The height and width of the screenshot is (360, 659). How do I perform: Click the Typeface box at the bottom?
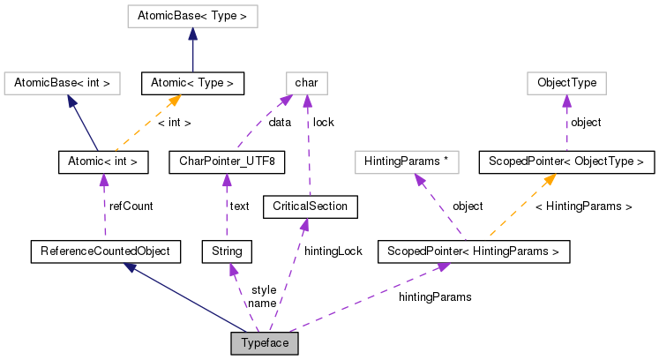click(x=265, y=343)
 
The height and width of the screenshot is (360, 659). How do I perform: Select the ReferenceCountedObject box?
click(x=105, y=251)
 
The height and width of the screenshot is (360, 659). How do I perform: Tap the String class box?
click(x=227, y=251)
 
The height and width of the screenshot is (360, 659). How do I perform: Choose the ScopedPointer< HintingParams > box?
click(x=473, y=251)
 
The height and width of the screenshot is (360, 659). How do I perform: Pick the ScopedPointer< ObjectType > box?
click(x=566, y=161)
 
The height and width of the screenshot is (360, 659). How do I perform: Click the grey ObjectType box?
click(x=566, y=84)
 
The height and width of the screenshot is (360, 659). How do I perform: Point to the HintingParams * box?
click(x=408, y=161)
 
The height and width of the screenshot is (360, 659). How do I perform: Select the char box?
click(x=305, y=84)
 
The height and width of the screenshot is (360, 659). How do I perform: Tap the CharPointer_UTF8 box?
click(x=227, y=161)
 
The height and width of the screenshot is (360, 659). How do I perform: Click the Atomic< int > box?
click(x=102, y=161)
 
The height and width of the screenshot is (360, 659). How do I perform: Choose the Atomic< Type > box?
click(x=192, y=84)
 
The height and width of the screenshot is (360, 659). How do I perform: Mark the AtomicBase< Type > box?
click(x=192, y=15)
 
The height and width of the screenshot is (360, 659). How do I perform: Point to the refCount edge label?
click(x=131, y=206)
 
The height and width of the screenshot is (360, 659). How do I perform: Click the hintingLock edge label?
click(x=333, y=251)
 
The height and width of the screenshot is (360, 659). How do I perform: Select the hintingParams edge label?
click(x=435, y=297)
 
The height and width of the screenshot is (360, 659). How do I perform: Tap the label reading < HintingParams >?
click(x=584, y=206)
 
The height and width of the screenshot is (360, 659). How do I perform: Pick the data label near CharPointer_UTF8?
click(x=280, y=123)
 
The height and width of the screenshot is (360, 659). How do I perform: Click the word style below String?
click(x=263, y=289)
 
